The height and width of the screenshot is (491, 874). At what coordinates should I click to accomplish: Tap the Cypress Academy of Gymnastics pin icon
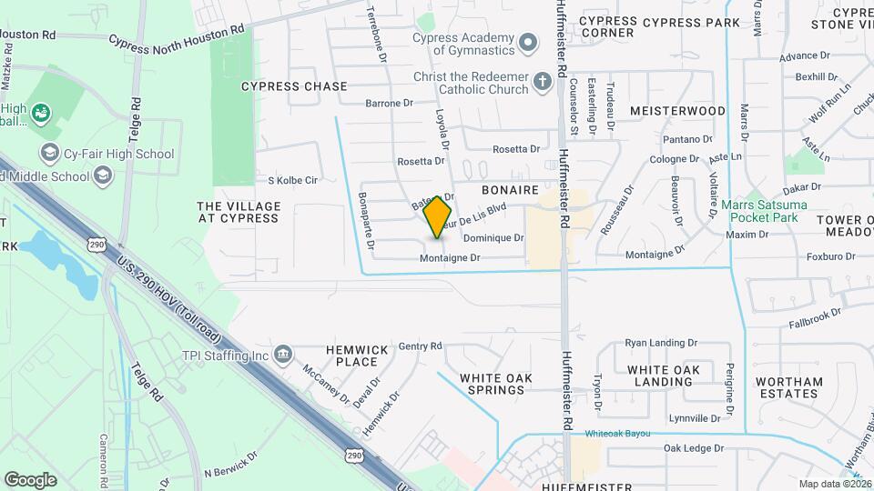pos(527,43)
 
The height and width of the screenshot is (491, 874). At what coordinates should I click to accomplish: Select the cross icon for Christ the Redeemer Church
pos(542,83)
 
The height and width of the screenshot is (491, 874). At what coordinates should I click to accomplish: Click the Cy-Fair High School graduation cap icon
pos(49,154)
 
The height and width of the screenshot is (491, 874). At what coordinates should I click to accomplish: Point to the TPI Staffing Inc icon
pos(284,354)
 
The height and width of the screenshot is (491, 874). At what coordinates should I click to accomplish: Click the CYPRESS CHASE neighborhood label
pos(294,86)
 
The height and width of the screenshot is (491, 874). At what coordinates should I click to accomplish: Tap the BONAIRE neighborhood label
pos(512,193)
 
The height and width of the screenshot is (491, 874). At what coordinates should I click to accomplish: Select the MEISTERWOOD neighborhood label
pos(678,111)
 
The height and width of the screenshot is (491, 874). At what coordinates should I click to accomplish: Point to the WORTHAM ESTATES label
pos(788,387)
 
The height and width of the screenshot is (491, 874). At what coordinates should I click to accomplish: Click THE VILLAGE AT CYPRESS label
pos(238,212)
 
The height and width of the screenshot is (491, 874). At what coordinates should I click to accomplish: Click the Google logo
pos(30,479)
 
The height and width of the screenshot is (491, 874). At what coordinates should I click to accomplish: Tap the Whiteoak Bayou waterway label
pos(618,434)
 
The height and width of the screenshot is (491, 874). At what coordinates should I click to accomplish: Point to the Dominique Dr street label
pos(493,238)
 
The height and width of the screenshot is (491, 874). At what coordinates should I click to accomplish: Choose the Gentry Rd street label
pos(420,346)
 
